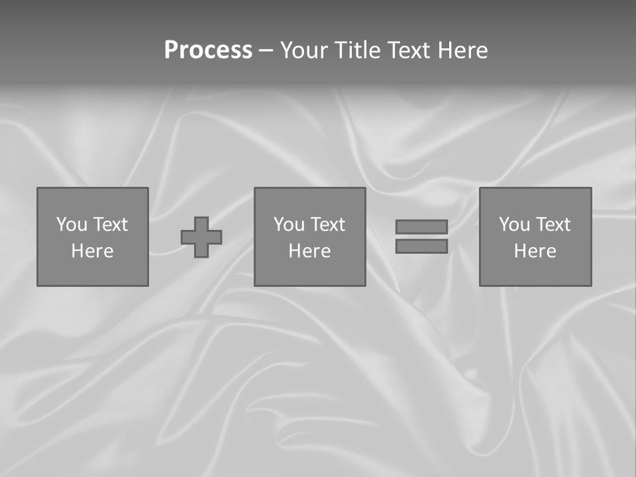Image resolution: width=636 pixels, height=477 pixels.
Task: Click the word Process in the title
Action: point(208,50)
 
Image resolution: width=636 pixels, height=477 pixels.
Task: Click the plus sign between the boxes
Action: point(201,237)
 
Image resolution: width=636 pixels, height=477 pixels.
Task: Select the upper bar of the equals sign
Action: point(421,227)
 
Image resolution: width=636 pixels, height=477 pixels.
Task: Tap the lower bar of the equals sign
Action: point(421,246)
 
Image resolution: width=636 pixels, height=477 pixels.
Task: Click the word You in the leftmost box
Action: point(72,225)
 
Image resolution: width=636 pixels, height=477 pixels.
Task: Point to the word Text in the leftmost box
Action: point(110,225)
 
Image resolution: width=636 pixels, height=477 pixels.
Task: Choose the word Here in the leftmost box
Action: point(92,251)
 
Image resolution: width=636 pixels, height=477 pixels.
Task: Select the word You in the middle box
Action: point(290,225)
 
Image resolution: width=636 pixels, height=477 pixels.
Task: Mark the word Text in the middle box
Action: point(327,225)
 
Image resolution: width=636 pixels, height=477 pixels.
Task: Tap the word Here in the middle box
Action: point(309,251)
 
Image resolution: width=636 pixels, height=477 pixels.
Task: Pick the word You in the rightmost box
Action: point(515,225)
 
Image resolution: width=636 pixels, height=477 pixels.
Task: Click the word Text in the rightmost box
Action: point(553,225)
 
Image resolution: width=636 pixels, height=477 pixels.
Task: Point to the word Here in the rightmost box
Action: point(535,251)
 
